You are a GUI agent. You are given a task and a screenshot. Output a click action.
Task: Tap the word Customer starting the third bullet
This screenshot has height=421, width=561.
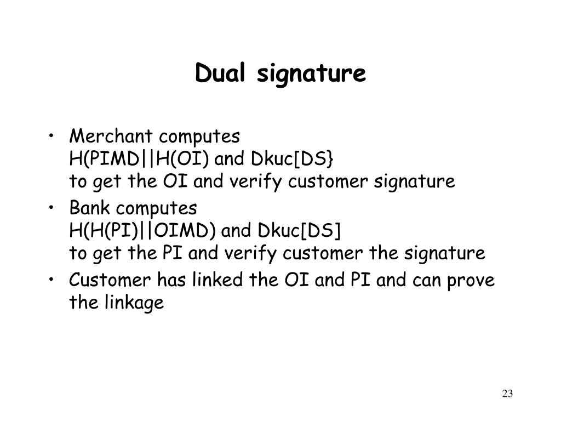pyautogui.click(x=110, y=280)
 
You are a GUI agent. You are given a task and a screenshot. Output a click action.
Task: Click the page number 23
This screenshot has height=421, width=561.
pyautogui.click(x=507, y=394)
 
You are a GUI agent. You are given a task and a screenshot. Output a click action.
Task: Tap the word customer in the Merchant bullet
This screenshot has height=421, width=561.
pyautogui.click(x=335, y=182)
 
